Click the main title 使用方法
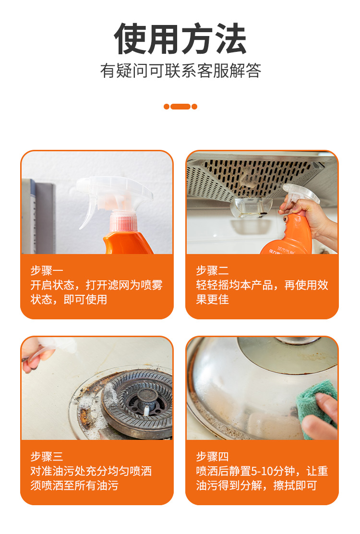tap(180, 39)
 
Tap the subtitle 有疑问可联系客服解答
tap(180, 71)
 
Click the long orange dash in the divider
tap(180, 107)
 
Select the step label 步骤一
tap(47, 270)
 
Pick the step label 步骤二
tap(212, 270)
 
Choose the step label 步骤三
tap(47, 456)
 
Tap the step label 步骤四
tap(212, 456)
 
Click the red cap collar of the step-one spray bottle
tap(123, 222)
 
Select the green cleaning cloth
tap(315, 408)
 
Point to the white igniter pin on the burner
tap(146, 411)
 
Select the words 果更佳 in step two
tap(212, 299)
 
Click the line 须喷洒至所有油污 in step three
tap(74, 485)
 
